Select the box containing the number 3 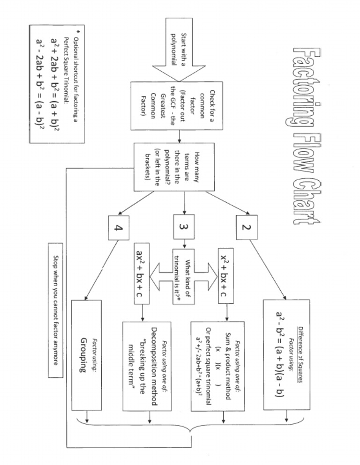(184, 228)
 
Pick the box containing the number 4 (118, 228)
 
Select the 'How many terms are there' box (174, 167)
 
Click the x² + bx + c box (226, 276)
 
